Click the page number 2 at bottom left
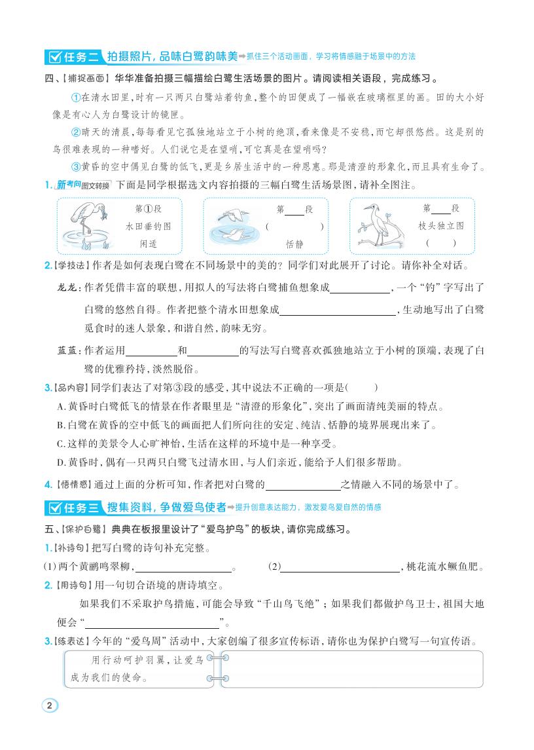[50, 705]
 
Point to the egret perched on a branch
[379, 226]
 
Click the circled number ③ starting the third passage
[74, 166]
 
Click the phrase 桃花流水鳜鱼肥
[447, 567]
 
